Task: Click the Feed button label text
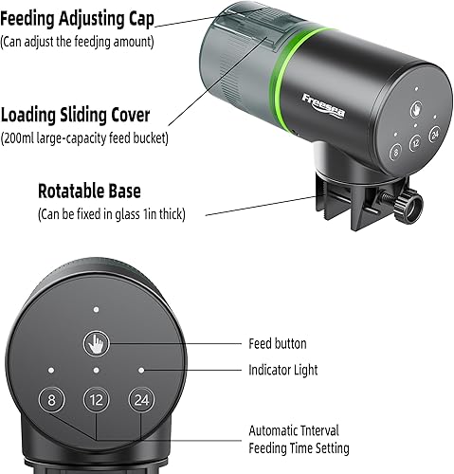click(277, 343)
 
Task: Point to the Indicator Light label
click(282, 370)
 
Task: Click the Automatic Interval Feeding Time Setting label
click(299, 439)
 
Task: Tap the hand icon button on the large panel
click(96, 342)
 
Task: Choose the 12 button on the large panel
click(96, 400)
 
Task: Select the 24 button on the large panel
click(140, 400)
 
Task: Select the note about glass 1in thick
click(112, 214)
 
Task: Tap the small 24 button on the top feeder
click(435, 136)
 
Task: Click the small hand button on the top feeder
click(414, 109)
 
